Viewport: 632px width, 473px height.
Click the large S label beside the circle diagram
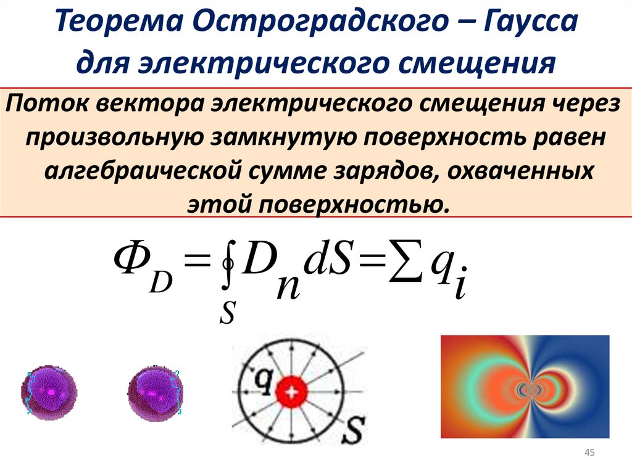pos(354,426)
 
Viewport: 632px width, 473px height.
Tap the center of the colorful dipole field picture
pos(525,387)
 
